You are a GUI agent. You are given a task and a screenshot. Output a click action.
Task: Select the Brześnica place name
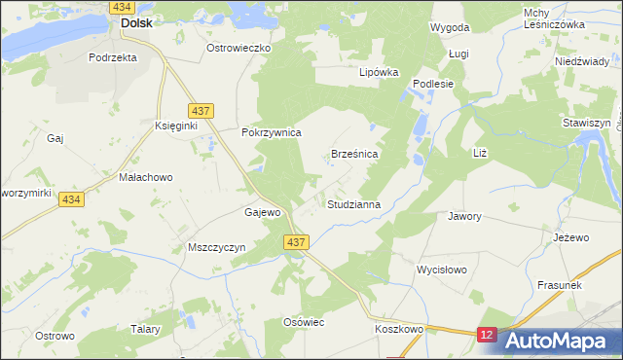pos(354,154)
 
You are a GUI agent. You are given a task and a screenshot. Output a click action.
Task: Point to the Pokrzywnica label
pos(272,132)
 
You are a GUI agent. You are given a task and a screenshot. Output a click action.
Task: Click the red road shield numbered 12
pos(488,334)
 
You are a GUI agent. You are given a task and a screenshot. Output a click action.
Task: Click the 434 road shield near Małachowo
pos(69,198)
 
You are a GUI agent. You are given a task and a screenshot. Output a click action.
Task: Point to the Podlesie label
pos(434,84)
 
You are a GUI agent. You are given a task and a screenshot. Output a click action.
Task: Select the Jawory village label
pos(464,216)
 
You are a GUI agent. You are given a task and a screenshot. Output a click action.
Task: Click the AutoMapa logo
pos(561,340)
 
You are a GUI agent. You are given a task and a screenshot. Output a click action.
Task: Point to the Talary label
pos(145,329)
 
